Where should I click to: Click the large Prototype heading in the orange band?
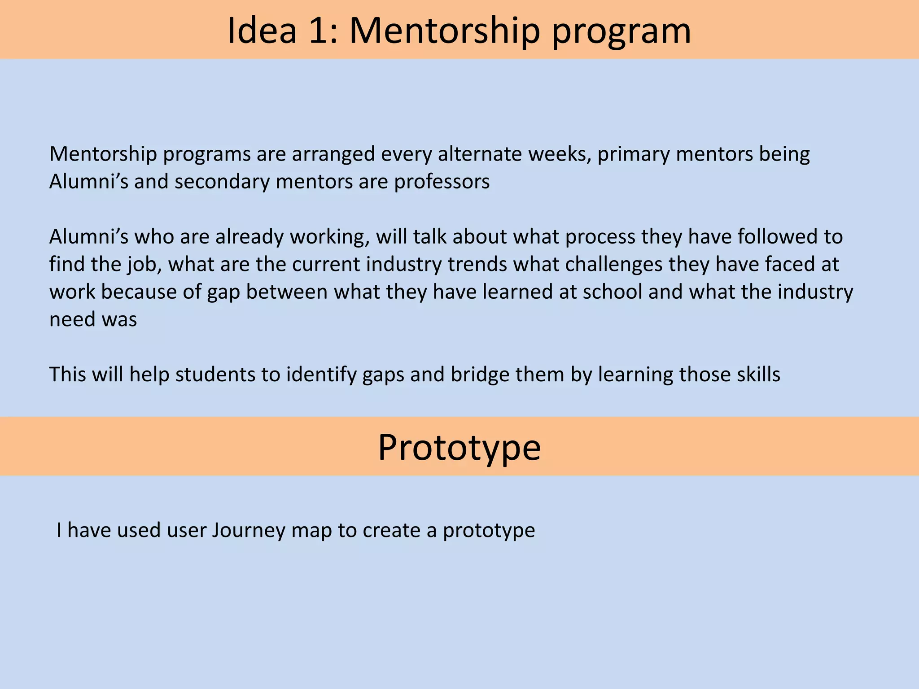459,447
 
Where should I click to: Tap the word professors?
442,182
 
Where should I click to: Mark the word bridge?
480,375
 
